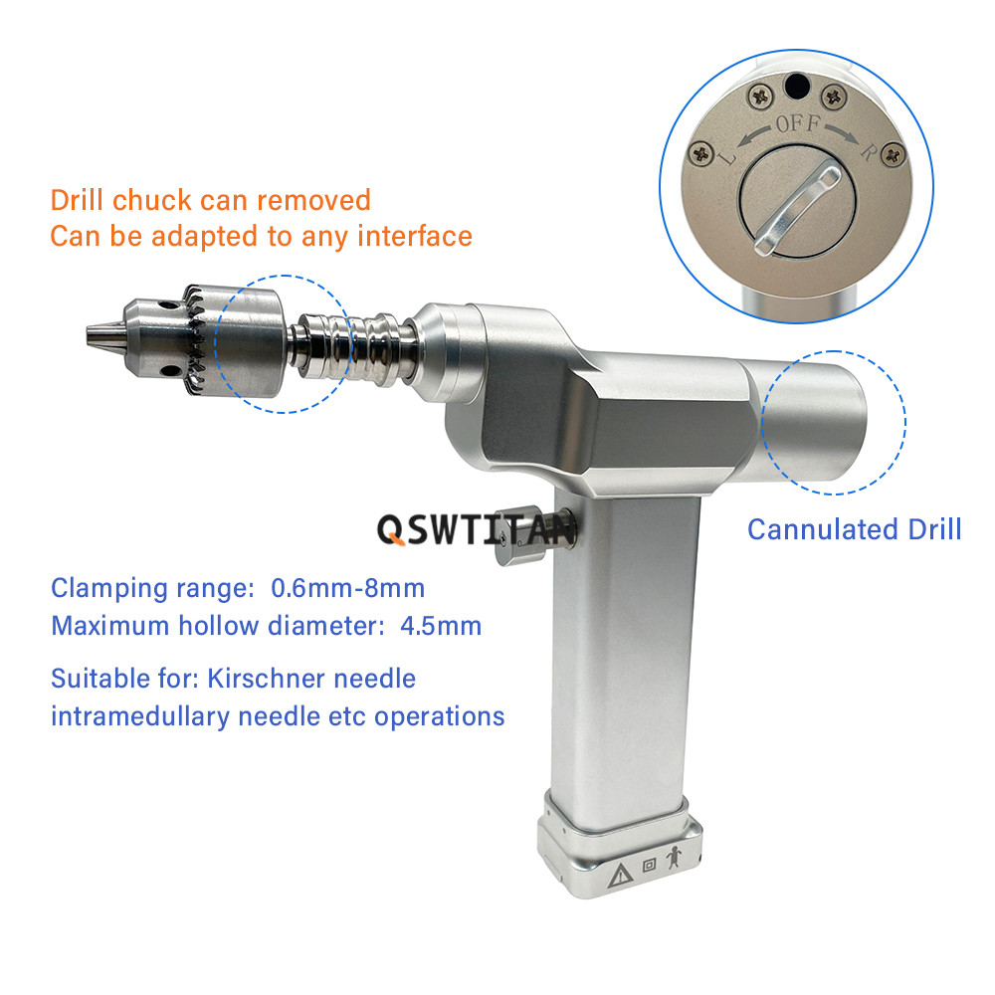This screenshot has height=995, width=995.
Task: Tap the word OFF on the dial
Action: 798,123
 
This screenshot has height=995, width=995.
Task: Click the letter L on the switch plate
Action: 727,153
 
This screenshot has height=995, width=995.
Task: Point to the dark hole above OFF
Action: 797,87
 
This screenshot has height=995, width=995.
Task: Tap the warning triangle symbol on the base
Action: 620,876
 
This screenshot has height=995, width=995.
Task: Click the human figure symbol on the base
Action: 674,858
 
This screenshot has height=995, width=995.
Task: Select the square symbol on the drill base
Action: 649,865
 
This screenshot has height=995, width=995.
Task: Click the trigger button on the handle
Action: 520,535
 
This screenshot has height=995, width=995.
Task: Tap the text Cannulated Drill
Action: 854,529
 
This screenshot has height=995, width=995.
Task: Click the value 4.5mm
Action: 441,626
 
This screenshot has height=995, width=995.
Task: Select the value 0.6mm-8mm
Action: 347,588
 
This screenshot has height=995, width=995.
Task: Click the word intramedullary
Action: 140,717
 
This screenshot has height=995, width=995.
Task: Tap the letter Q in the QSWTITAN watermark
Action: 391,530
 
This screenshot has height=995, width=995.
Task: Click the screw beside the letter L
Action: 701,153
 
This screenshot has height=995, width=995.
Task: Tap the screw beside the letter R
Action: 894,154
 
